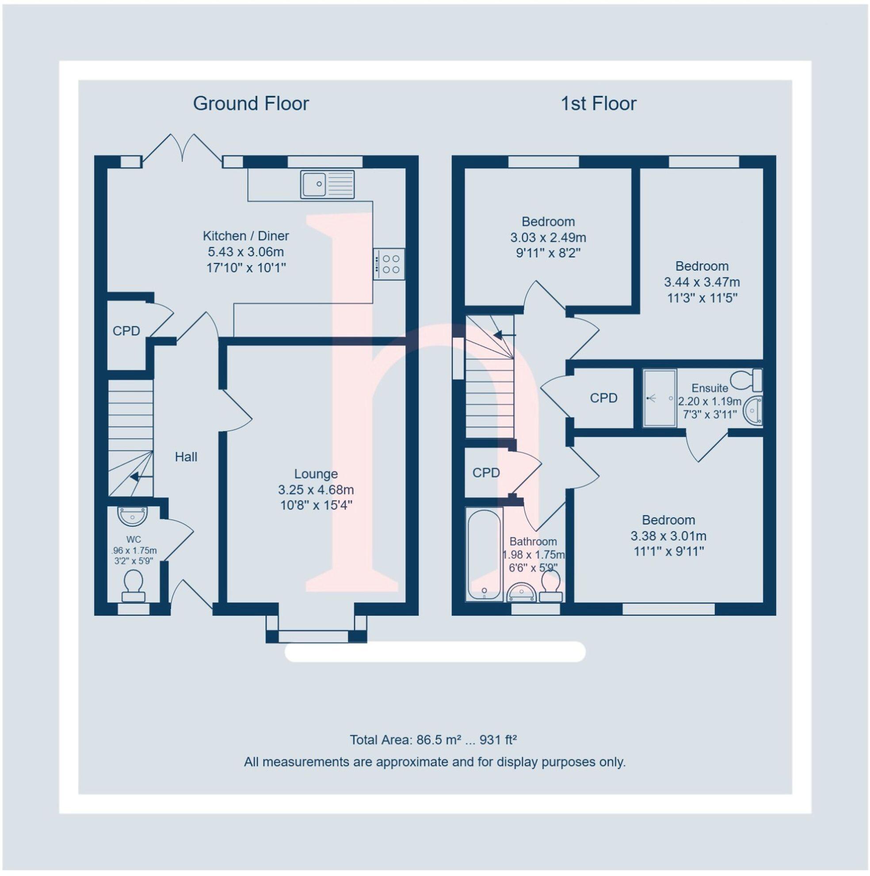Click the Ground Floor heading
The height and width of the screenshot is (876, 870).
tap(251, 104)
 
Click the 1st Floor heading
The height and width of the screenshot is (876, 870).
tap(598, 104)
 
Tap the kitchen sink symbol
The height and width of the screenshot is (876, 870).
tap(327, 184)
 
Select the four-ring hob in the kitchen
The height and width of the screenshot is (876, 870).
tap(389, 264)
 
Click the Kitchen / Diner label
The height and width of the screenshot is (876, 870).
tap(246, 236)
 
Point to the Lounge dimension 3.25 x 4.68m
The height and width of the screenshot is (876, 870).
tap(316, 490)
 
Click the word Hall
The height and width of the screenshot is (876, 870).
tap(186, 457)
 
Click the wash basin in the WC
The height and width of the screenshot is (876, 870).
tap(132, 516)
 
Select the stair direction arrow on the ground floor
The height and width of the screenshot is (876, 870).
tap(140, 477)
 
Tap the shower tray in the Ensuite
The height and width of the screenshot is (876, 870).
tap(660, 398)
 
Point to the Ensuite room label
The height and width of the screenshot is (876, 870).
tap(710, 388)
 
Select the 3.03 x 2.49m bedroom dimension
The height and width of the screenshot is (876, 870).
tap(548, 238)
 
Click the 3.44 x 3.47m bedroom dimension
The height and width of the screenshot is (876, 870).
tap(702, 282)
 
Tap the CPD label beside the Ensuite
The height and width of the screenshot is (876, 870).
tap(603, 398)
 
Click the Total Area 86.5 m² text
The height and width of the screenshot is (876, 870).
tap(433, 740)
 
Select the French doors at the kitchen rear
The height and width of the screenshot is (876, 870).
tap(182, 149)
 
